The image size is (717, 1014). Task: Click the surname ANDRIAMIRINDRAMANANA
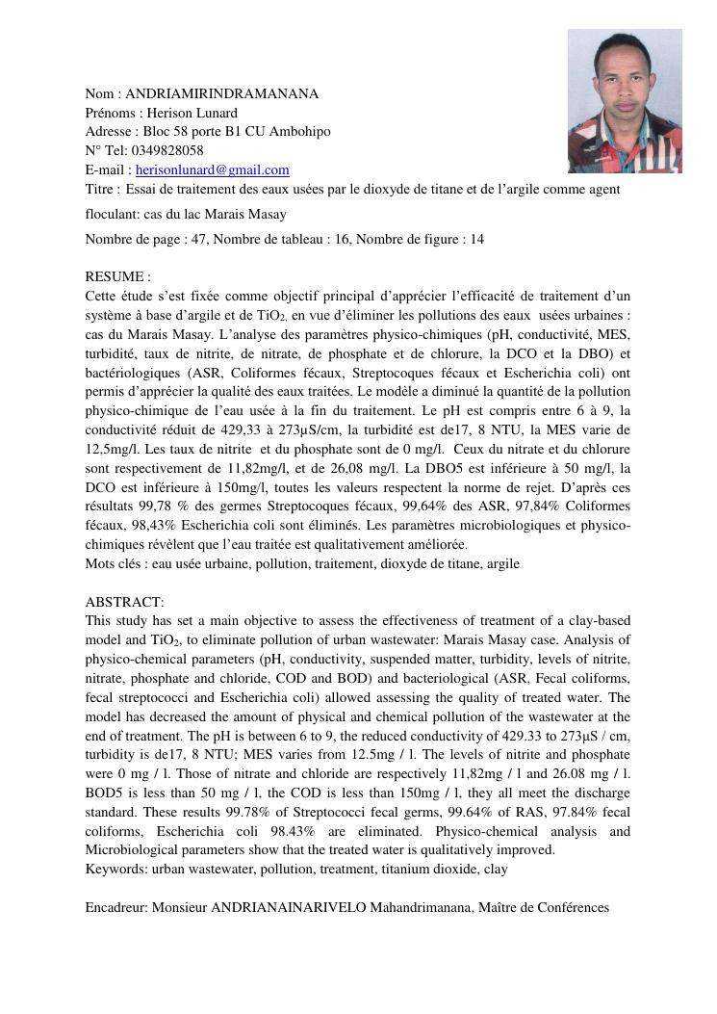tap(221, 93)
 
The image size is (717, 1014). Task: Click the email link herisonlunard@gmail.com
tap(212, 169)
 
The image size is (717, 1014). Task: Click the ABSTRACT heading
tap(123, 602)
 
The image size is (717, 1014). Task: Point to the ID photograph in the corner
tap(625, 101)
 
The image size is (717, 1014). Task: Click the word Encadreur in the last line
tap(115, 907)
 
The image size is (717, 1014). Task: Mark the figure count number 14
tap(477, 239)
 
